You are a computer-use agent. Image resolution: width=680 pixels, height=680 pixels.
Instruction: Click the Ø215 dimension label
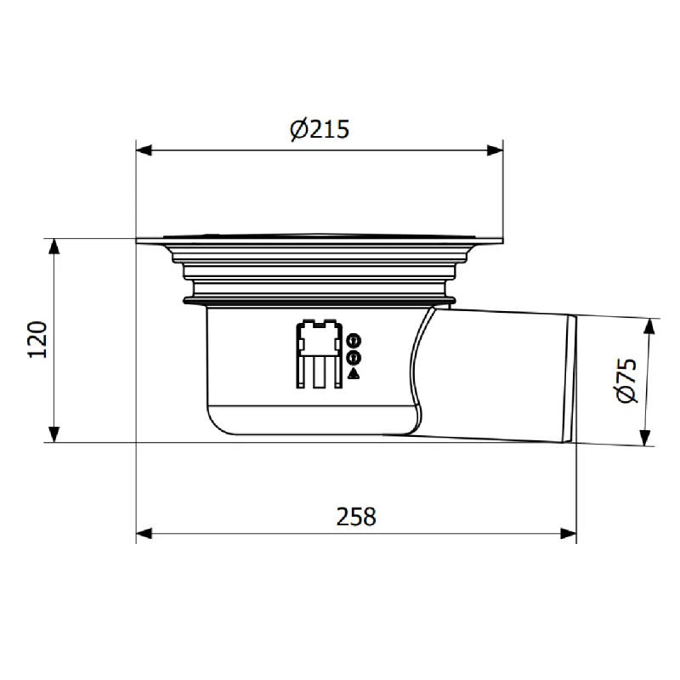(320, 129)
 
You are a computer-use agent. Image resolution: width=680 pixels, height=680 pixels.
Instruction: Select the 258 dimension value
(356, 517)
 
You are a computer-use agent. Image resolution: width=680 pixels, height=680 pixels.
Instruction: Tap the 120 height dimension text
(37, 339)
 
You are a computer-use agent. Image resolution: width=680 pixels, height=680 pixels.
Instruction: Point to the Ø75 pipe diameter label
(626, 380)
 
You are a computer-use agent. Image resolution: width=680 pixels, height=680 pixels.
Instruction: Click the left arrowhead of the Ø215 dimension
(144, 150)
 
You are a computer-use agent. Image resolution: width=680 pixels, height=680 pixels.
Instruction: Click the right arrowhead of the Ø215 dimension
(496, 150)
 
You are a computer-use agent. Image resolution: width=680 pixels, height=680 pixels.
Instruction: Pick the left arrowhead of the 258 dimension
(144, 534)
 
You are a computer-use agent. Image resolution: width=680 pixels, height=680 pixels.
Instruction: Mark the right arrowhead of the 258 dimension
(568, 534)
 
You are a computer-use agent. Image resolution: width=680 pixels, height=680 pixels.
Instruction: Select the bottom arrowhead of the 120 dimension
(54, 434)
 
